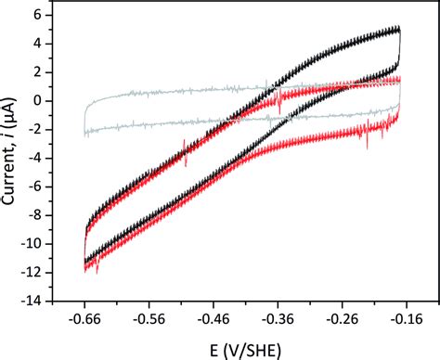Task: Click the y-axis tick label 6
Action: click(x=42, y=15)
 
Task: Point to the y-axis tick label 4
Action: click(x=42, y=44)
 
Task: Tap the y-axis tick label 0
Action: click(x=42, y=100)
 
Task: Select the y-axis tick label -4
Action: click(x=38, y=158)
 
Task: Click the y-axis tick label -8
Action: click(x=38, y=215)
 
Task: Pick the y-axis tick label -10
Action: click(x=34, y=244)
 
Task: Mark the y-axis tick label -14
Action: click(x=34, y=301)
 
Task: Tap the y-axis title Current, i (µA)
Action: click(x=12, y=154)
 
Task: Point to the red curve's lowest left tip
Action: click(x=85, y=268)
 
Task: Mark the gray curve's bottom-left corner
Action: click(x=85, y=135)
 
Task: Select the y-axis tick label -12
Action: click(x=34, y=273)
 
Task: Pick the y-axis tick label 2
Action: click(x=42, y=72)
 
